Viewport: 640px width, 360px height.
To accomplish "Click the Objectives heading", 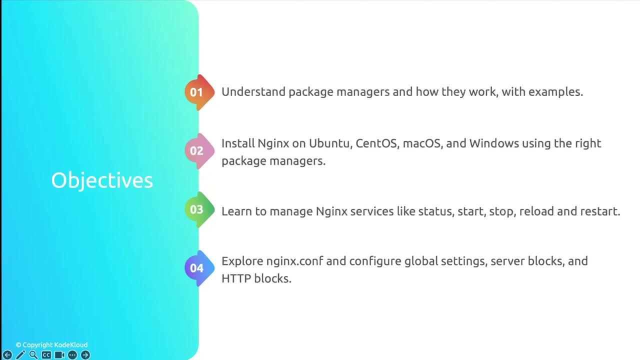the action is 102,180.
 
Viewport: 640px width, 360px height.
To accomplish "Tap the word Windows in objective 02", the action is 494,143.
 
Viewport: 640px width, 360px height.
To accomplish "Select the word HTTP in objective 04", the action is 236,278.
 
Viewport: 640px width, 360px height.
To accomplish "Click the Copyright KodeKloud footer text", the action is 51,345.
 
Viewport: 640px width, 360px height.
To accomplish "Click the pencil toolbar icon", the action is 20,355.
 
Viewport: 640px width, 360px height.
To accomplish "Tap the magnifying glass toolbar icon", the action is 33,355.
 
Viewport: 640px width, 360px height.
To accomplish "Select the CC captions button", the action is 46,355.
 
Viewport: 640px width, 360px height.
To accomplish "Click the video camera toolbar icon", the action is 59,355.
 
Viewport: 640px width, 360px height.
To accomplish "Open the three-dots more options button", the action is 72,355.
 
